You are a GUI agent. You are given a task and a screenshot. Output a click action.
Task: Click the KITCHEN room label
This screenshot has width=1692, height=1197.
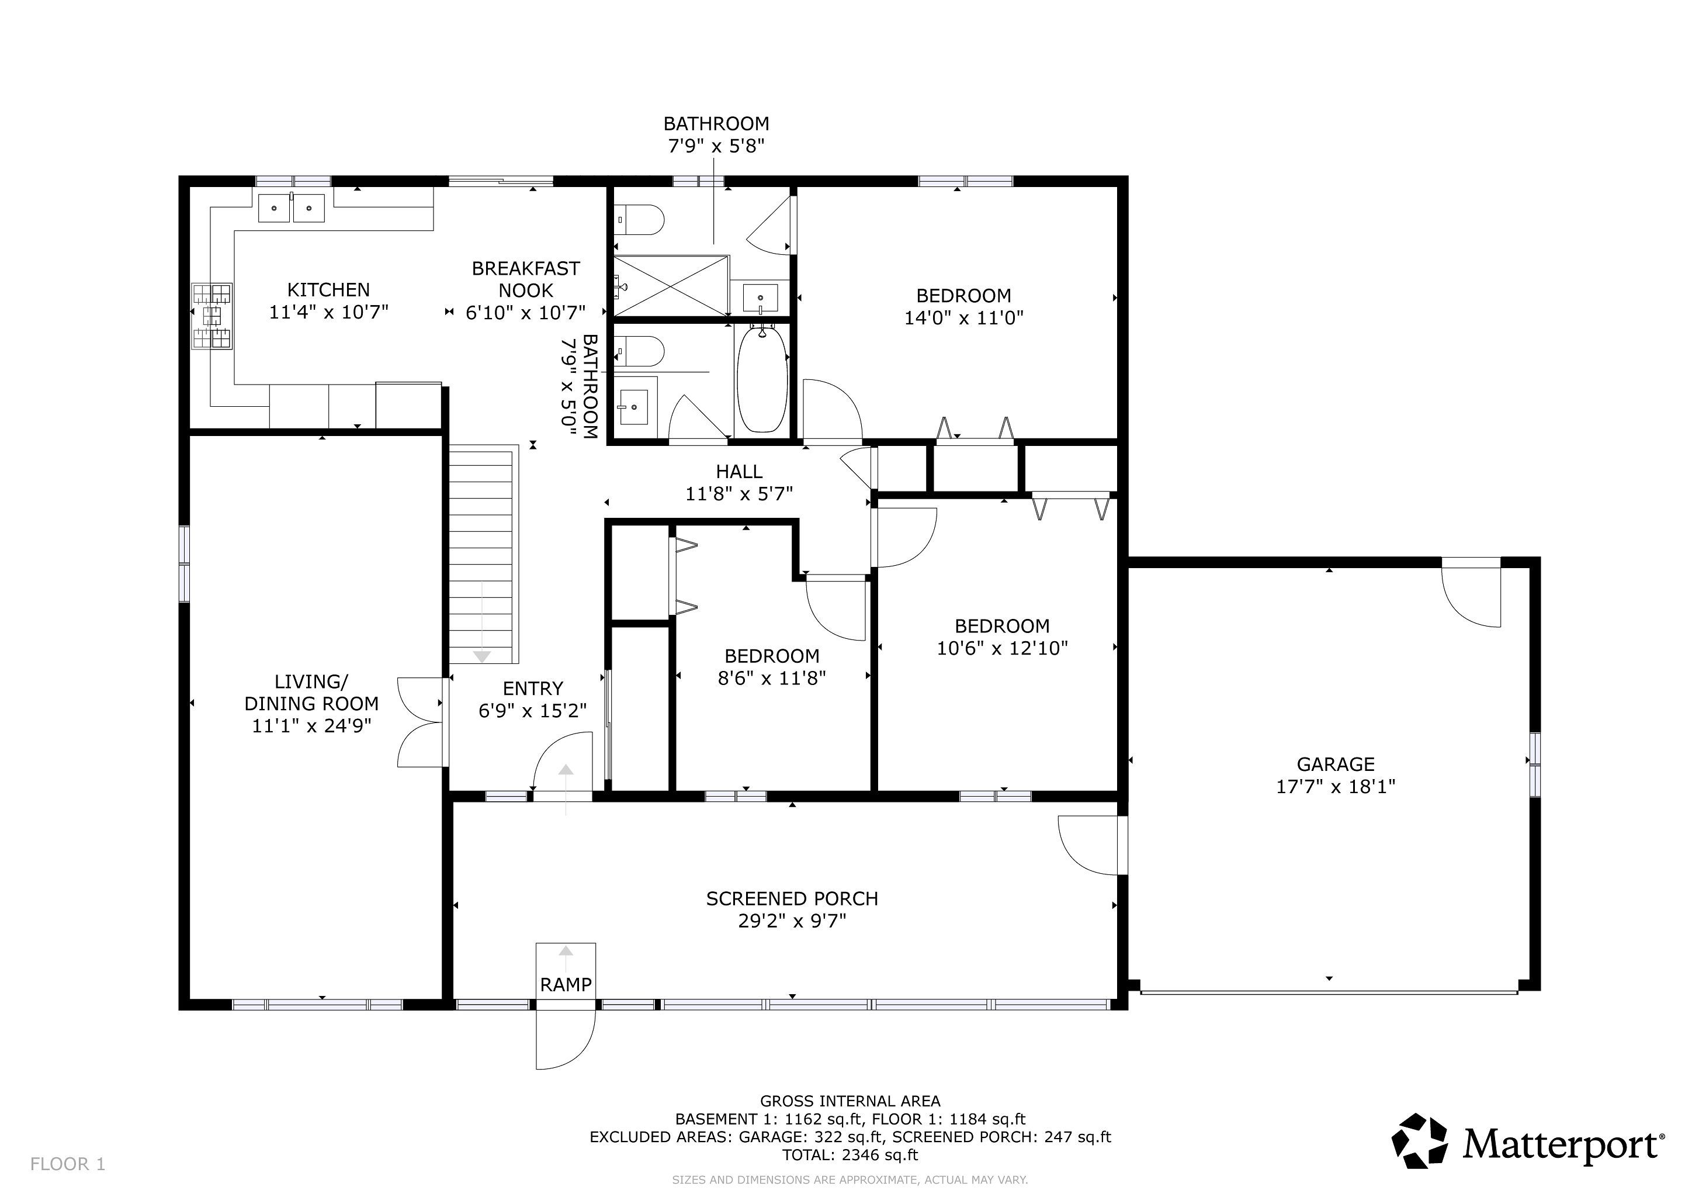point(329,290)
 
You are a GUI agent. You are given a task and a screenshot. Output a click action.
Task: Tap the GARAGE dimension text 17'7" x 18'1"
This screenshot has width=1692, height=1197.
point(1336,787)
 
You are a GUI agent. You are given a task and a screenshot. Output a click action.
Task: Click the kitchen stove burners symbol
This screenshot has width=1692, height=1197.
point(212,316)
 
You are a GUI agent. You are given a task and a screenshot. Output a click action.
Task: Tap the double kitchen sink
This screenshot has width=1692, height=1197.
point(292,207)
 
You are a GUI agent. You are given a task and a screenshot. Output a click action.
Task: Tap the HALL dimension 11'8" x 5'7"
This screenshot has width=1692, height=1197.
point(739,494)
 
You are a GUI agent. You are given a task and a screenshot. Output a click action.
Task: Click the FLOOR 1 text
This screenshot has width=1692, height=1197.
point(68,1164)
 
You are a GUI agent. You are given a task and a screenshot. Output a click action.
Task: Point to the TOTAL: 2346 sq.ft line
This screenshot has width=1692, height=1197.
point(851,1155)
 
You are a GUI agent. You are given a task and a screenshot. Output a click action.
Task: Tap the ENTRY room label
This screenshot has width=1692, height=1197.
point(533,689)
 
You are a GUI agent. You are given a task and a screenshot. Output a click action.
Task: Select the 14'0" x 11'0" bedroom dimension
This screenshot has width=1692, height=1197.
point(964,318)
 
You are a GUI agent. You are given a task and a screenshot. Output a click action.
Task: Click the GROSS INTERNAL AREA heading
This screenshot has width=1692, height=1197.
point(851,1101)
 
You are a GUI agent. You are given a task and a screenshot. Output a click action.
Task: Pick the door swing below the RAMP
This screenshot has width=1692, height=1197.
point(565,1039)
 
